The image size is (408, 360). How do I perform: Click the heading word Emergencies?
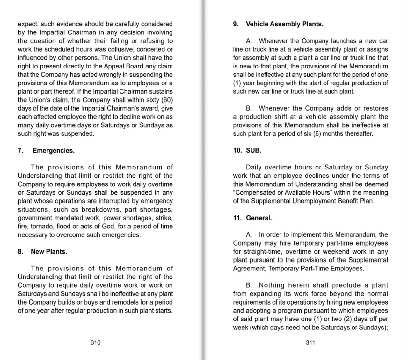(54, 151)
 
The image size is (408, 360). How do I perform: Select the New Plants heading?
(49, 252)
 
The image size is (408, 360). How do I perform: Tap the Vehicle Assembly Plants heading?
(284, 24)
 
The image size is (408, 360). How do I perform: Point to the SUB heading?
(253, 151)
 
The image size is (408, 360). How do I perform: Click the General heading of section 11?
(259, 218)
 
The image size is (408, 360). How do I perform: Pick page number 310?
(95, 343)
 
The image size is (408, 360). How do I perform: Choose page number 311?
(310, 343)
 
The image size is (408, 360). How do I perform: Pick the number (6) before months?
(317, 134)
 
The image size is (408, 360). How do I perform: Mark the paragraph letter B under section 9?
(249, 109)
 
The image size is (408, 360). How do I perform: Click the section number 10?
(237, 151)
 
